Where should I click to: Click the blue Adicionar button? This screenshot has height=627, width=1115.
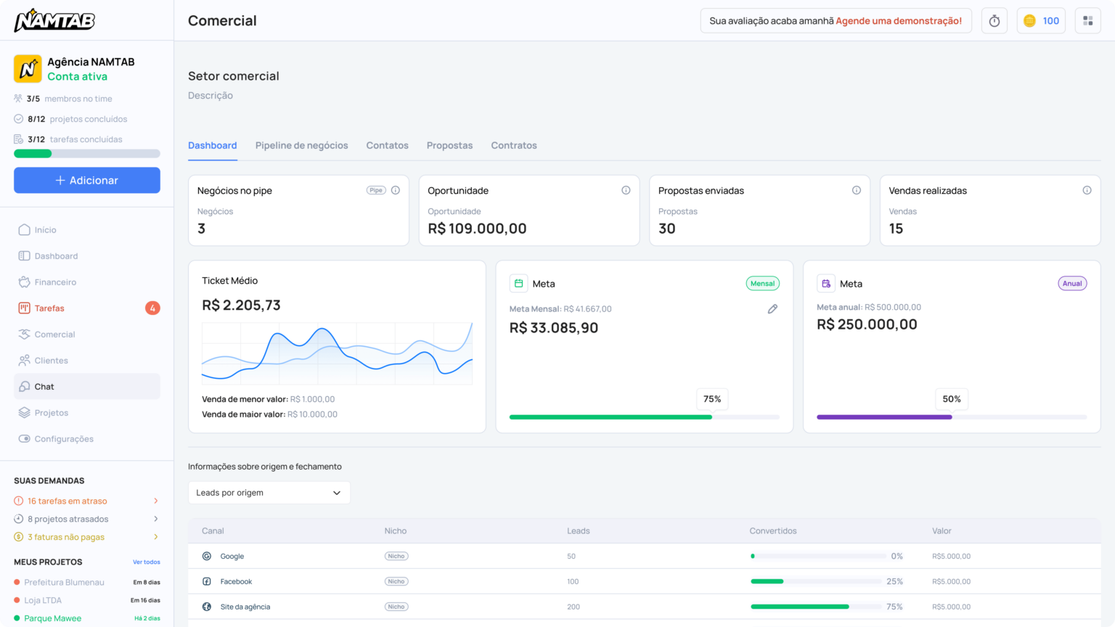(87, 180)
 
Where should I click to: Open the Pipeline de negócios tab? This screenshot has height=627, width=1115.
(301, 145)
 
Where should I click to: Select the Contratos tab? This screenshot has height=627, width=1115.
(514, 145)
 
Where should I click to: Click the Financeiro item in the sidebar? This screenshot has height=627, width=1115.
(55, 282)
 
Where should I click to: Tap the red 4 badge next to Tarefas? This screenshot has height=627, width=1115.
(152, 308)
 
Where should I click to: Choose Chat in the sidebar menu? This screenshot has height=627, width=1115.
(44, 387)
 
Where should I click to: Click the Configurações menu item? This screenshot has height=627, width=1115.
(64, 439)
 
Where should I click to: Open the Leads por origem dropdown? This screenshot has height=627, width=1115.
(269, 493)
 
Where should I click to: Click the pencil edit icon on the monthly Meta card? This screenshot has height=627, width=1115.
(772, 309)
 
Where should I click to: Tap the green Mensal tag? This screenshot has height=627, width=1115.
(762, 284)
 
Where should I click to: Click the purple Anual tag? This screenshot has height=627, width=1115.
(1072, 284)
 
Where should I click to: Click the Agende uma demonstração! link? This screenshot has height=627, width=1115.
(899, 21)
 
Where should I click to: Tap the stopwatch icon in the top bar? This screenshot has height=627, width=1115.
(994, 21)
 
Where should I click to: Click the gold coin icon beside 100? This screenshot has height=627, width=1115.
(1029, 21)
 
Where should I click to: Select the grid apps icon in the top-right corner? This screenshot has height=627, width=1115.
(1087, 21)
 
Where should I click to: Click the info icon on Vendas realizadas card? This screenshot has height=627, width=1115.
(1087, 190)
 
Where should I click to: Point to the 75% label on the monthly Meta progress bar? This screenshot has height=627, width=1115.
(712, 399)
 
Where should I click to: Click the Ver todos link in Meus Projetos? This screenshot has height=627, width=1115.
(147, 562)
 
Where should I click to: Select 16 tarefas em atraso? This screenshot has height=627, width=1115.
(67, 501)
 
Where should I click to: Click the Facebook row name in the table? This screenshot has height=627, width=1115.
(236, 581)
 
